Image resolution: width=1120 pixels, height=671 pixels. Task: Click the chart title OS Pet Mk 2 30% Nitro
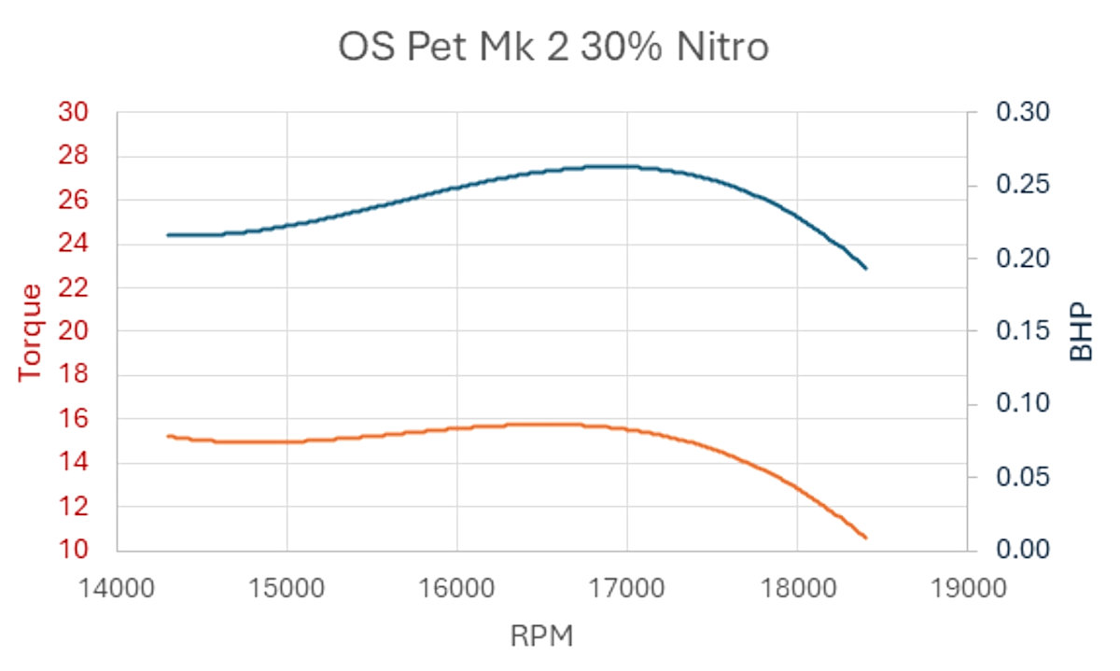pyautogui.click(x=553, y=47)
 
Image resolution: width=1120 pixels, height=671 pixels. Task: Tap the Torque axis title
pyautogui.click(x=32, y=331)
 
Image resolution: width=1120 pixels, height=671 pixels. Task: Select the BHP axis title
pyautogui.click(x=1080, y=331)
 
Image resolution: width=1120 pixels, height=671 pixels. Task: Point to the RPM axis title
pyautogui.click(x=541, y=636)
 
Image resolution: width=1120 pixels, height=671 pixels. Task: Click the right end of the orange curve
pyautogui.click(x=866, y=538)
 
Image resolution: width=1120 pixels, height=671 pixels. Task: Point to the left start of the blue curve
pyautogui.click(x=168, y=235)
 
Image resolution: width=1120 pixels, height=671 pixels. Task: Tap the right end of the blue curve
pyautogui.click(x=866, y=269)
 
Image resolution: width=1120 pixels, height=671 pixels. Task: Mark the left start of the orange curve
pyautogui.click(x=168, y=436)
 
